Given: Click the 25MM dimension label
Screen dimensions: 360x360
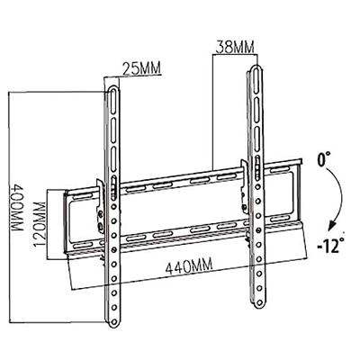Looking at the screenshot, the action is point(141,68).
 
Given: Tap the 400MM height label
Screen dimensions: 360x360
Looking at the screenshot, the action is point(17,207).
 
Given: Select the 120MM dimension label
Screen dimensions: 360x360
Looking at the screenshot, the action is point(40,224).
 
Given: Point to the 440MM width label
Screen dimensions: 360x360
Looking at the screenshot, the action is point(189,265).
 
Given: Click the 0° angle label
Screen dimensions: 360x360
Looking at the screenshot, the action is point(324,158).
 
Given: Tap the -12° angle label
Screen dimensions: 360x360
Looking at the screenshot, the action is point(330,246).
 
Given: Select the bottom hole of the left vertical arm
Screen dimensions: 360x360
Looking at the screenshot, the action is point(113,321).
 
